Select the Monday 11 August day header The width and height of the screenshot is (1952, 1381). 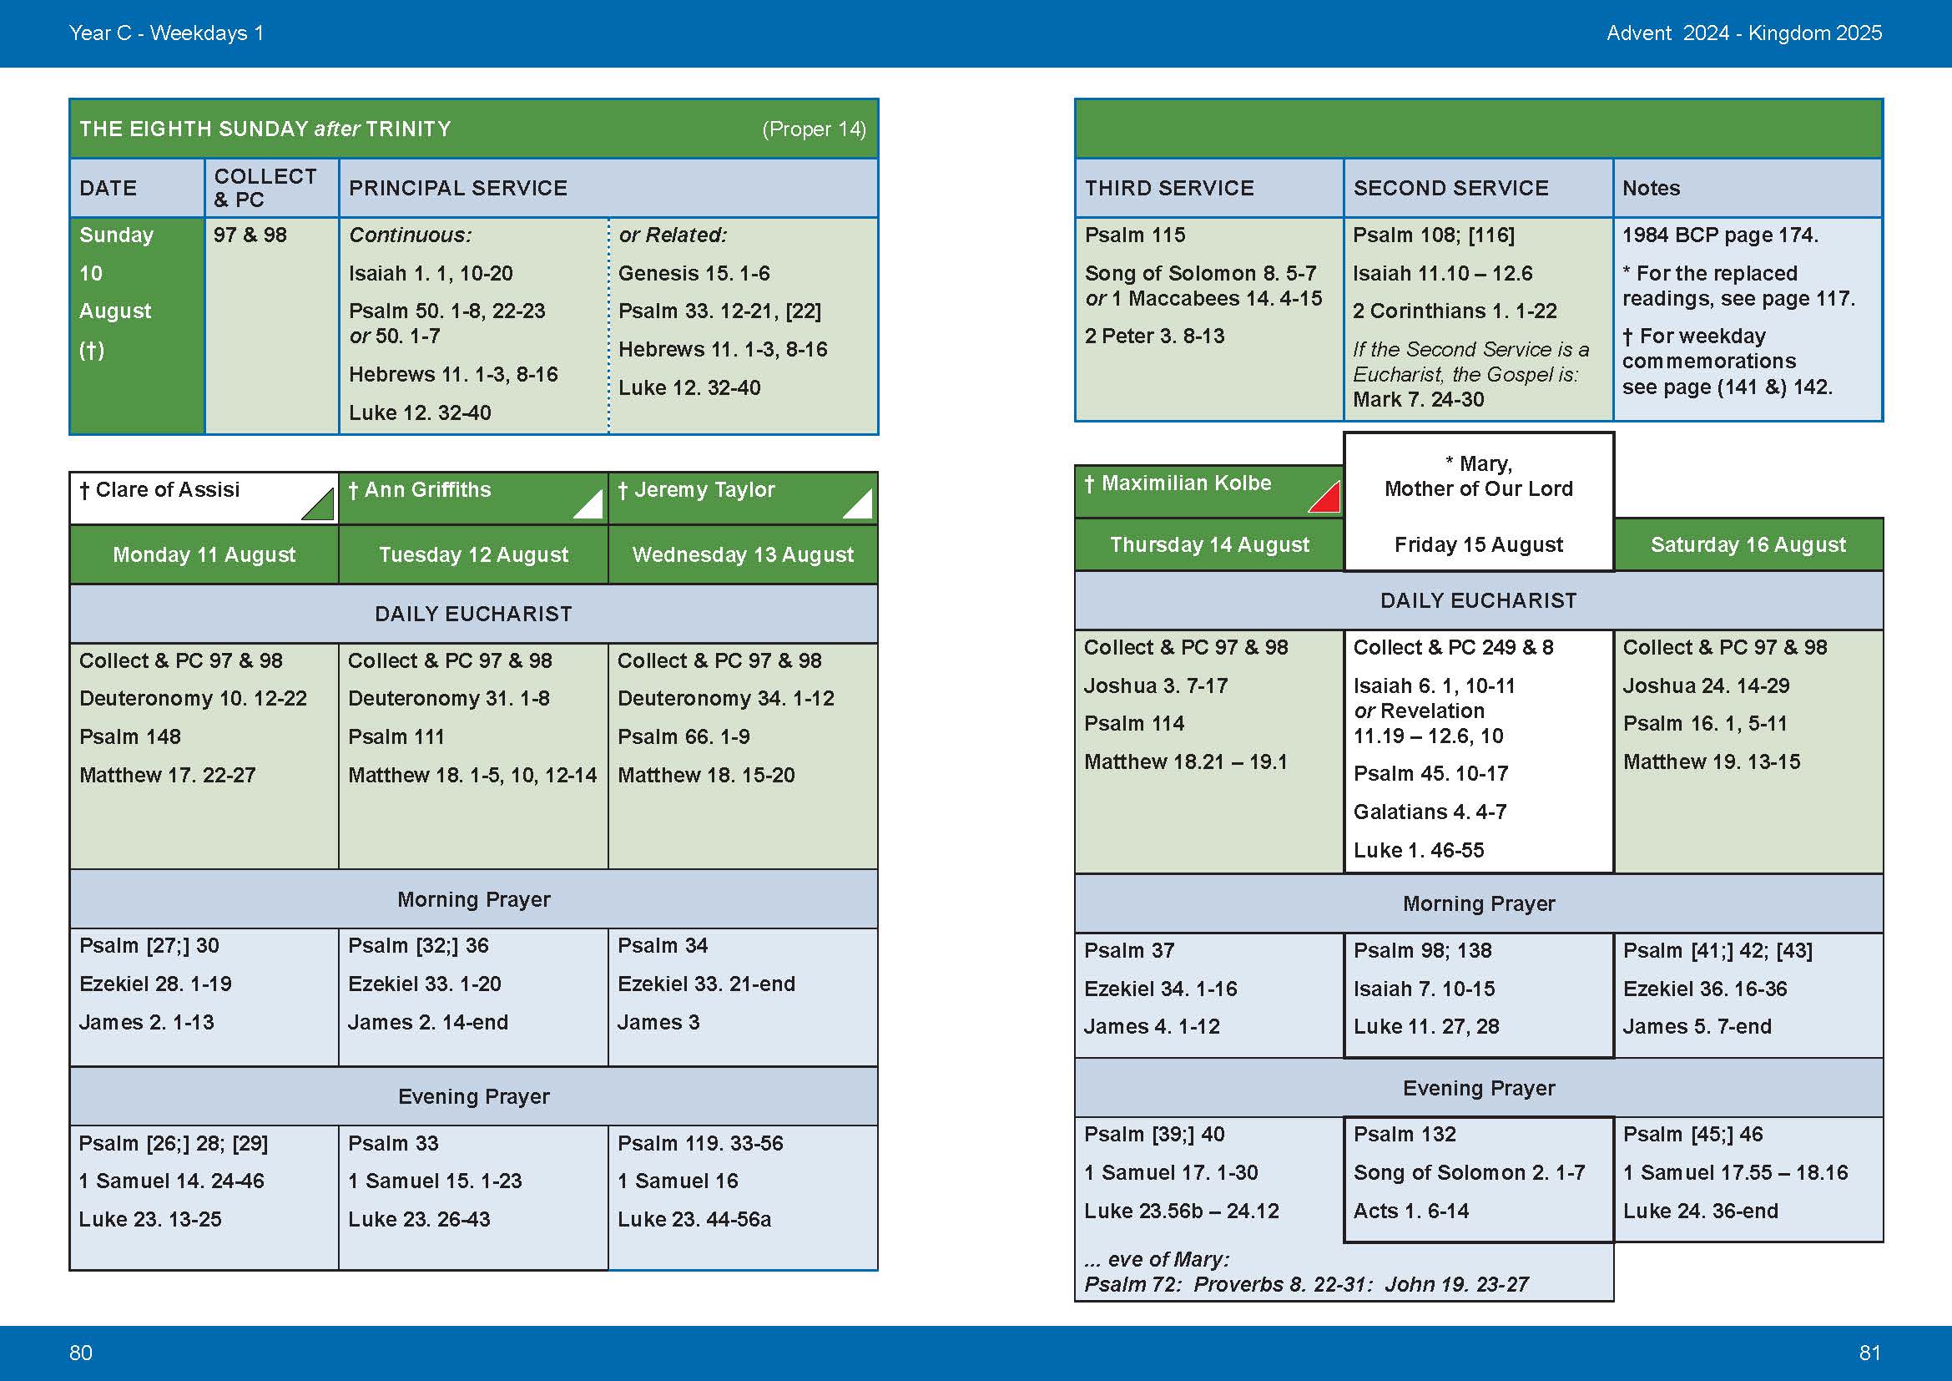[x=204, y=554]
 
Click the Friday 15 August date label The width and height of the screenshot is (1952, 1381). [x=1479, y=544]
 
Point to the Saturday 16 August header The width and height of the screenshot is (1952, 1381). [x=1748, y=544]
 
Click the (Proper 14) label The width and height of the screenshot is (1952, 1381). [x=814, y=129]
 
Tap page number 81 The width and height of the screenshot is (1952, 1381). [x=1869, y=1352]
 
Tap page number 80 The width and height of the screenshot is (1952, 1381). [x=81, y=1352]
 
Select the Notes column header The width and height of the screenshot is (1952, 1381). [x=1651, y=188]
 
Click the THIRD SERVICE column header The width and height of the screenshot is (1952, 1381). [x=1169, y=188]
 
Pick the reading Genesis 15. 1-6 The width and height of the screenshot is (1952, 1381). [x=694, y=273]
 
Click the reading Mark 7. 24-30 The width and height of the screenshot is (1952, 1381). [x=1418, y=400]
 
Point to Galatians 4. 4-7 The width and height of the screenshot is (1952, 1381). [x=1430, y=812]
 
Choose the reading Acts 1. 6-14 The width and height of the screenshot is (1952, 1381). [x=1411, y=1211]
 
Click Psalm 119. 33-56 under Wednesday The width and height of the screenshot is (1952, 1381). [x=699, y=1143]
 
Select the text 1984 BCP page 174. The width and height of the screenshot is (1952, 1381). [x=1720, y=235]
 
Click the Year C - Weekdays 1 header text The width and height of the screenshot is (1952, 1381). [x=167, y=33]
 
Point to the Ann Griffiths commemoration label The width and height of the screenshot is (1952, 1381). [x=427, y=490]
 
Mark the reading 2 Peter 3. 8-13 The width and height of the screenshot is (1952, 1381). [x=1154, y=336]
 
